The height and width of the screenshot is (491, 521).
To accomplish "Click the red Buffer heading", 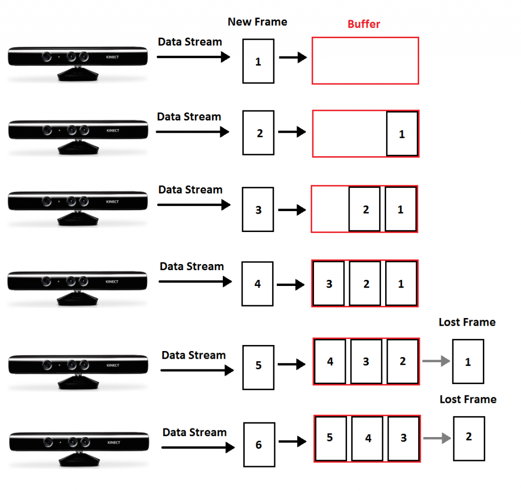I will pyautogui.click(x=364, y=24).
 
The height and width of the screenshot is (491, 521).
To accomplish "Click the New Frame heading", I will pyautogui.click(x=257, y=22).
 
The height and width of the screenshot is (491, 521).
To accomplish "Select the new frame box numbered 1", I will pyautogui.click(x=258, y=61).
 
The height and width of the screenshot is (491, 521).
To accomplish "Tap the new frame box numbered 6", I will pyautogui.click(x=259, y=445).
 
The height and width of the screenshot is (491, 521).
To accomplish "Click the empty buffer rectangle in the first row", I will pyautogui.click(x=365, y=61).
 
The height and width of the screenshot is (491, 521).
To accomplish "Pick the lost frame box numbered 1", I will pyautogui.click(x=468, y=362).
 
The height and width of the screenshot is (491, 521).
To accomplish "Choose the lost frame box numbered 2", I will pyautogui.click(x=469, y=437).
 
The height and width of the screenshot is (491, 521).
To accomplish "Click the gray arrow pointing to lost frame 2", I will pyautogui.click(x=437, y=439).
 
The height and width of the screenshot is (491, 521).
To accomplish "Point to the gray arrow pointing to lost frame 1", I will pyautogui.click(x=436, y=361).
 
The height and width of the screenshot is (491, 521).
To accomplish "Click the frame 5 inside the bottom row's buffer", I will pyautogui.click(x=330, y=438).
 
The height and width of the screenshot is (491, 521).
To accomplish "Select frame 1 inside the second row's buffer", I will pyautogui.click(x=402, y=134).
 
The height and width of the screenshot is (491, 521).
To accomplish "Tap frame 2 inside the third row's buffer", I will pyautogui.click(x=365, y=209).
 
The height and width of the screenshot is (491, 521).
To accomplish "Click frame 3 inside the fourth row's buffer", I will pyautogui.click(x=329, y=283).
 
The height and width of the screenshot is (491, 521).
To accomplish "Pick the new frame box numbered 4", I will pyautogui.click(x=257, y=283).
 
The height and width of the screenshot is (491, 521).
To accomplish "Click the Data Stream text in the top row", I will pyautogui.click(x=190, y=42).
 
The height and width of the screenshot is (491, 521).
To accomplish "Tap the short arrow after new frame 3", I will pyautogui.click(x=292, y=209).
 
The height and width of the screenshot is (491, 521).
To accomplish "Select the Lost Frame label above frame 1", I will pyautogui.click(x=467, y=322).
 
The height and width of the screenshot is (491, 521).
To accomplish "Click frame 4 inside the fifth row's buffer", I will pyautogui.click(x=331, y=362).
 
